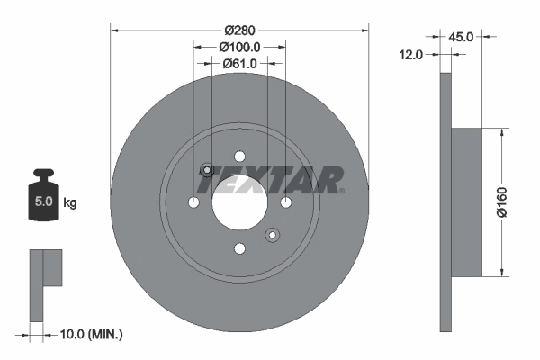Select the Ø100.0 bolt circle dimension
click(x=239, y=47)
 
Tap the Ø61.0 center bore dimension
click(x=239, y=63)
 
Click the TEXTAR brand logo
click(x=270, y=179)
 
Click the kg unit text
click(x=69, y=202)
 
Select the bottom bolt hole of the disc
click(x=239, y=248)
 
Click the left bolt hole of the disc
click(x=193, y=202)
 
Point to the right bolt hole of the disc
click(x=285, y=202)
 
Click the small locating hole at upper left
click(x=207, y=170)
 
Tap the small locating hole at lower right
click(x=272, y=235)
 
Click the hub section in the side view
click(x=466, y=202)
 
